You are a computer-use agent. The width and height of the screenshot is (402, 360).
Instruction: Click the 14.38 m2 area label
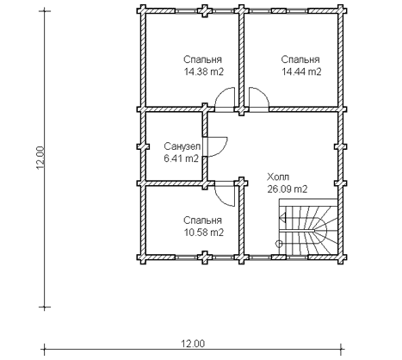coord(203,71)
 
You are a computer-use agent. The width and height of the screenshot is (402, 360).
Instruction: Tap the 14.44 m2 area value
coord(301,71)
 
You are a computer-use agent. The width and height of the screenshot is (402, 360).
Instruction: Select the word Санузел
coord(182,146)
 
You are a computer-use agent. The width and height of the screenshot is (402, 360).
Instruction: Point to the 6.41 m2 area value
coord(182,158)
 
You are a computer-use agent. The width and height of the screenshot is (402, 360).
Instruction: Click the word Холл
coord(278,177)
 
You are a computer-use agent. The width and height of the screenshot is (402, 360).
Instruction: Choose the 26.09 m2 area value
coord(288,189)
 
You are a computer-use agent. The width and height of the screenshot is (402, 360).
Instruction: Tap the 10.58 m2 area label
coord(203,233)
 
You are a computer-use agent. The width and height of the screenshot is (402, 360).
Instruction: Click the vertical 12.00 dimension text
coord(40,158)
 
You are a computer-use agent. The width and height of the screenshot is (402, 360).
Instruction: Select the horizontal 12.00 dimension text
coord(193,344)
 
